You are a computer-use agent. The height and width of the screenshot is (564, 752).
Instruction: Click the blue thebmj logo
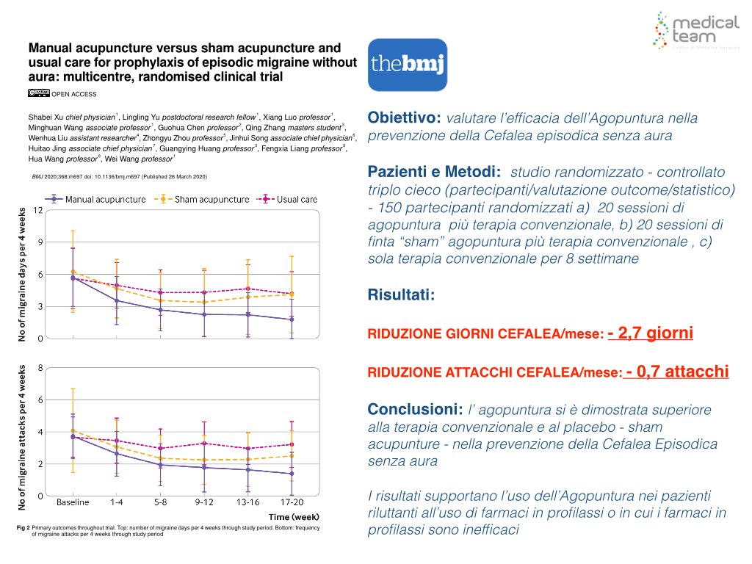408,65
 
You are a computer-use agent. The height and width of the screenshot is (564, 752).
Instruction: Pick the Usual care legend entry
290,199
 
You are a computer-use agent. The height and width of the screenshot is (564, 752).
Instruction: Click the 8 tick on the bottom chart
40,368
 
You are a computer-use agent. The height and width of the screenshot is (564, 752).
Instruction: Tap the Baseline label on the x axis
73,502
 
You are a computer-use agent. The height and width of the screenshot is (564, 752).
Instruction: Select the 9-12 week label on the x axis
205,502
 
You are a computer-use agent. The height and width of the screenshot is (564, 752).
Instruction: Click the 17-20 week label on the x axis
292,502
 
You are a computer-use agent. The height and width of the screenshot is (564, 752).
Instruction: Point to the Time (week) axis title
293,516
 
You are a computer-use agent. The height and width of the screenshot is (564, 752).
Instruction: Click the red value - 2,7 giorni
651,334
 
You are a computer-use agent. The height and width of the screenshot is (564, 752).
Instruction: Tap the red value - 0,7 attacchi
677,372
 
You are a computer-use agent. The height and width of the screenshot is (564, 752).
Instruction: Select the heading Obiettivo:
404,118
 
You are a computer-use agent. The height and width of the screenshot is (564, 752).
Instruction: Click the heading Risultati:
401,295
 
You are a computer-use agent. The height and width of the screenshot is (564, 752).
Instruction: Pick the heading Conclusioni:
414,409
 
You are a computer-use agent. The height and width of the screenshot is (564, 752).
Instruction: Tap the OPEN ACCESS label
73,93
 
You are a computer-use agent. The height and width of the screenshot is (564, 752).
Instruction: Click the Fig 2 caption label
22,528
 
